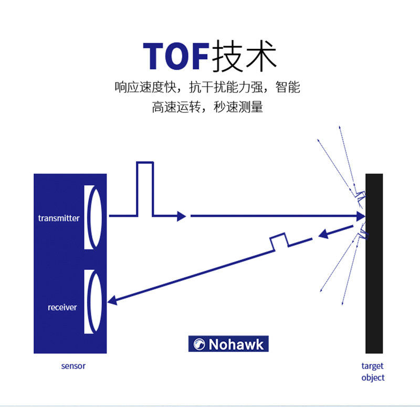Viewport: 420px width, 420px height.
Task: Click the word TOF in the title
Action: [x=176, y=55]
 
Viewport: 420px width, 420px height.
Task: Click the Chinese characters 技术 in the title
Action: [x=244, y=55]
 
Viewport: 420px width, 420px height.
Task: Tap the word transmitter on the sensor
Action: [x=59, y=218]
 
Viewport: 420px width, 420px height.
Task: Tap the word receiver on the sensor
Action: [x=62, y=307]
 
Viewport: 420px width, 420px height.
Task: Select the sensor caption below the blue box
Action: [x=73, y=366]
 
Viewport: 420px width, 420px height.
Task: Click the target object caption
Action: [x=373, y=372]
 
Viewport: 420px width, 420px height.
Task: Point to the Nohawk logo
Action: [x=228, y=344]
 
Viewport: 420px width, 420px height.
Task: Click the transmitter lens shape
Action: [x=91, y=217]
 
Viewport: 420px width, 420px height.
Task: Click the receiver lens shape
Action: [x=91, y=302]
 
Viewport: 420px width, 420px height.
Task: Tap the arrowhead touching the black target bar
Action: [x=360, y=216]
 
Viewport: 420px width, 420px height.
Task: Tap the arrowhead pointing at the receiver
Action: [x=112, y=300]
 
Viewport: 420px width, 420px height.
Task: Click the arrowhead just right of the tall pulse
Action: [x=182, y=216]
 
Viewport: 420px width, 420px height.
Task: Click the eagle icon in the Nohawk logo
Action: [x=199, y=344]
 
